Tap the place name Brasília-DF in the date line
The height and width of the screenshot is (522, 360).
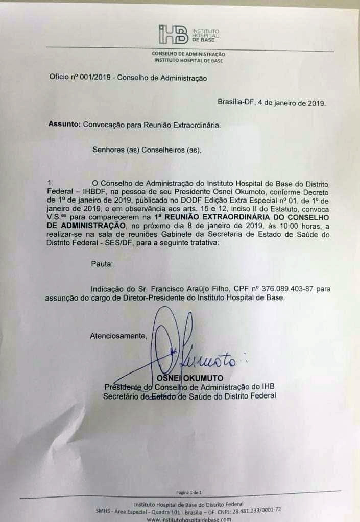tap(236, 103)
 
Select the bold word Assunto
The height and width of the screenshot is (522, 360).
tap(64, 125)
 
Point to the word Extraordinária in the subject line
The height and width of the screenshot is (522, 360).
tap(195, 125)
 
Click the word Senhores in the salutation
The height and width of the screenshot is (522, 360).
tap(109, 150)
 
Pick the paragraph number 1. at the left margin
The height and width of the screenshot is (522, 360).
tap(50, 183)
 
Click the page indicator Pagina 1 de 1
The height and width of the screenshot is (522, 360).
tap(189, 492)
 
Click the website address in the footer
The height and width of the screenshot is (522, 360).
tap(188, 519)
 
